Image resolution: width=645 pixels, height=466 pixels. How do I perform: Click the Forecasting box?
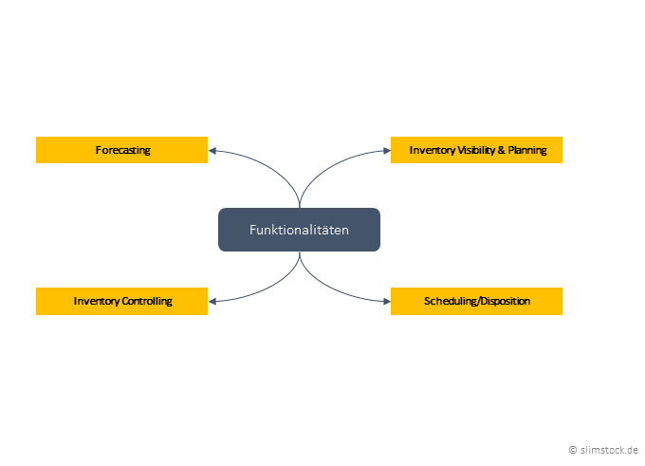[x=121, y=150]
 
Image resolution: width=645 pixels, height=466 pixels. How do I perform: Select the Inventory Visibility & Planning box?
[x=476, y=150]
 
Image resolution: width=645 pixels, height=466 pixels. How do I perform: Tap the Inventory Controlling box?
[x=121, y=301]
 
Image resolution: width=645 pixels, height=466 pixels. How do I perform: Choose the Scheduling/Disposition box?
[x=476, y=301]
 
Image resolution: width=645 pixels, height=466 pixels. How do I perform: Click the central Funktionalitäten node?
[x=299, y=230]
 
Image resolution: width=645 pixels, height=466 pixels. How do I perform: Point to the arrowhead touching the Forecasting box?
[x=213, y=150]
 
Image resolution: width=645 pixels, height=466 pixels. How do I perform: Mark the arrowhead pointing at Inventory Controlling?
[x=213, y=301]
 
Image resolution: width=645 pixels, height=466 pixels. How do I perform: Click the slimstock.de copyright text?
[x=608, y=449]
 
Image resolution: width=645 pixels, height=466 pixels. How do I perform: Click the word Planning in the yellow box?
[x=527, y=150]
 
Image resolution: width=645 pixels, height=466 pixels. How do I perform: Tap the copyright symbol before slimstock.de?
[x=572, y=449]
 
